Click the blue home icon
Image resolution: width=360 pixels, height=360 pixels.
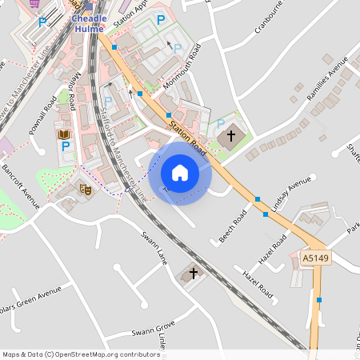[x=180, y=173]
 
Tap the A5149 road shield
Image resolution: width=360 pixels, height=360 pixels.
[x=314, y=258]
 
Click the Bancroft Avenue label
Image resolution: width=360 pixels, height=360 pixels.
[x=20, y=189]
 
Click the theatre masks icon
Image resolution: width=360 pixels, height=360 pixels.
[x=84, y=190]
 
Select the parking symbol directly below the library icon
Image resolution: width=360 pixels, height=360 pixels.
[x=66, y=147]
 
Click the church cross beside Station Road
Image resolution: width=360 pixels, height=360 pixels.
[x=231, y=136]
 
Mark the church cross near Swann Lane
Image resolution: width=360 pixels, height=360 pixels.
[x=193, y=273]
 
